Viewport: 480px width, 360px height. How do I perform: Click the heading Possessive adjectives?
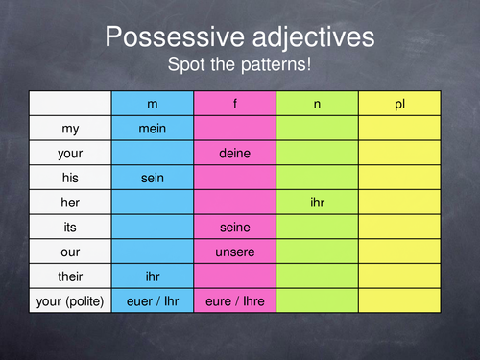(x=240, y=38)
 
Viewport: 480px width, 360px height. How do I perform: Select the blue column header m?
(x=153, y=103)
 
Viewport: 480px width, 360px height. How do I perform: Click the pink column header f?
(x=235, y=103)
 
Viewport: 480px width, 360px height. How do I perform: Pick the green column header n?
(x=318, y=103)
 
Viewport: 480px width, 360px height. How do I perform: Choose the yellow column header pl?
(x=400, y=103)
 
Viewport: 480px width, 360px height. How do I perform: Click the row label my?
(x=71, y=128)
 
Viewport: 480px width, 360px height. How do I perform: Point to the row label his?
(x=71, y=178)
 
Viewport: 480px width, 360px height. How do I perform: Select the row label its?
(x=71, y=228)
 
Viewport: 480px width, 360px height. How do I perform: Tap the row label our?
(x=71, y=252)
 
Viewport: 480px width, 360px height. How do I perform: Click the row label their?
(x=71, y=277)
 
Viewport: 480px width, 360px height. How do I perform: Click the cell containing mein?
(x=153, y=128)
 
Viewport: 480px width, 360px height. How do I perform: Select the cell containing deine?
(x=235, y=153)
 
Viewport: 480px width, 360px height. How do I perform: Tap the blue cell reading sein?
(x=153, y=178)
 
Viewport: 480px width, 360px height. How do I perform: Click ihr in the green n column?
(x=318, y=203)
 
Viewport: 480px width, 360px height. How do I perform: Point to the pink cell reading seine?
(x=235, y=228)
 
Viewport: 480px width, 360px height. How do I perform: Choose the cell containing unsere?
(x=235, y=252)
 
